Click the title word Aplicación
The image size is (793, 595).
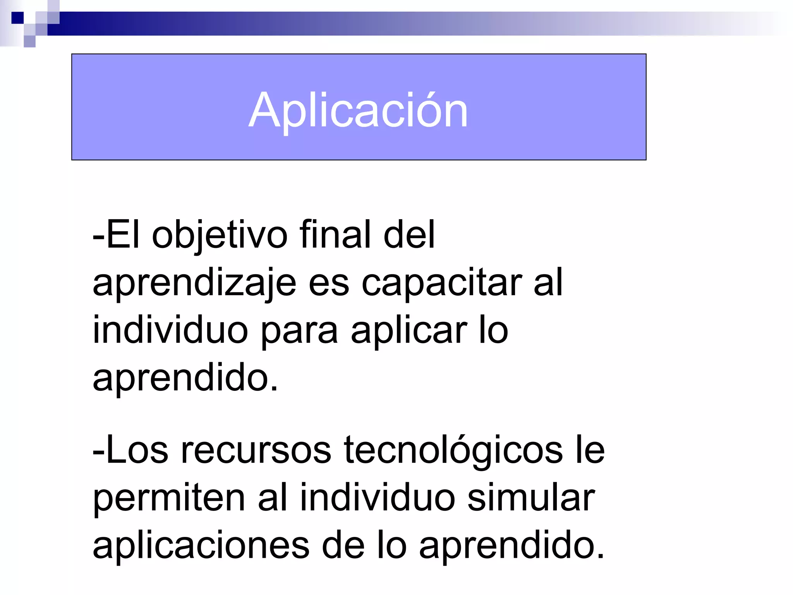[358, 110]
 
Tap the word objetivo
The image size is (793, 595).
[219, 235]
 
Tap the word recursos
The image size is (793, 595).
[256, 450]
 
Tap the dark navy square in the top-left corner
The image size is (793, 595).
[17, 18]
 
